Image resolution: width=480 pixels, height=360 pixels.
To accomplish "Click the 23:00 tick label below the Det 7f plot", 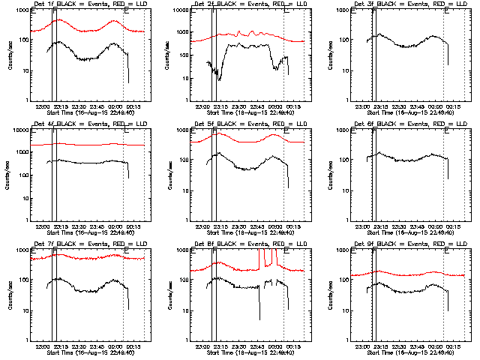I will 42,344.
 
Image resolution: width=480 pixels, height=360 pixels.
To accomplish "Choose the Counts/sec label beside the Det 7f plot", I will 10,295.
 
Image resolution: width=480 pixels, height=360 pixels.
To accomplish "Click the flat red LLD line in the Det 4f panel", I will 90,144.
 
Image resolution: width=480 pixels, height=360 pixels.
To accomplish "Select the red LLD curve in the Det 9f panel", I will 405,274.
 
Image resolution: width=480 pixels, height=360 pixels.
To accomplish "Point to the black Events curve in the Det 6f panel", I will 405,160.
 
